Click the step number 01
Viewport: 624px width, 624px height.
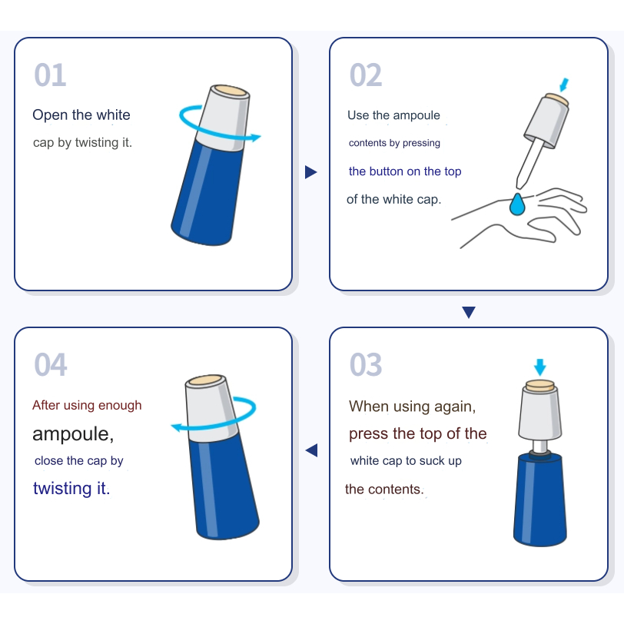50,75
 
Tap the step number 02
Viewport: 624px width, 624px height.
366,75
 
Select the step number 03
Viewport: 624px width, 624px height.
366,364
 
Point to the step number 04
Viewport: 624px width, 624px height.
51,364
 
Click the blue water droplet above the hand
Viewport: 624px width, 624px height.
517,204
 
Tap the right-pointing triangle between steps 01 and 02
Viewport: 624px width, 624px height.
310,172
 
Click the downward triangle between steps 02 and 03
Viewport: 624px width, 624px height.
469,312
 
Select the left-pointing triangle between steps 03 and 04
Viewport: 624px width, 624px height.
311,450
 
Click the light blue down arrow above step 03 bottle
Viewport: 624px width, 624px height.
539,367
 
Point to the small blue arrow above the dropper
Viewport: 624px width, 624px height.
564,85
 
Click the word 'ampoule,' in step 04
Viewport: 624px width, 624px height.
73,433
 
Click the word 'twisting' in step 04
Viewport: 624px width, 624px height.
62,488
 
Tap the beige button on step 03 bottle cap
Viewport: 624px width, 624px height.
540,385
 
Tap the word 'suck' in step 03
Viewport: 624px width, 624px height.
432,460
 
